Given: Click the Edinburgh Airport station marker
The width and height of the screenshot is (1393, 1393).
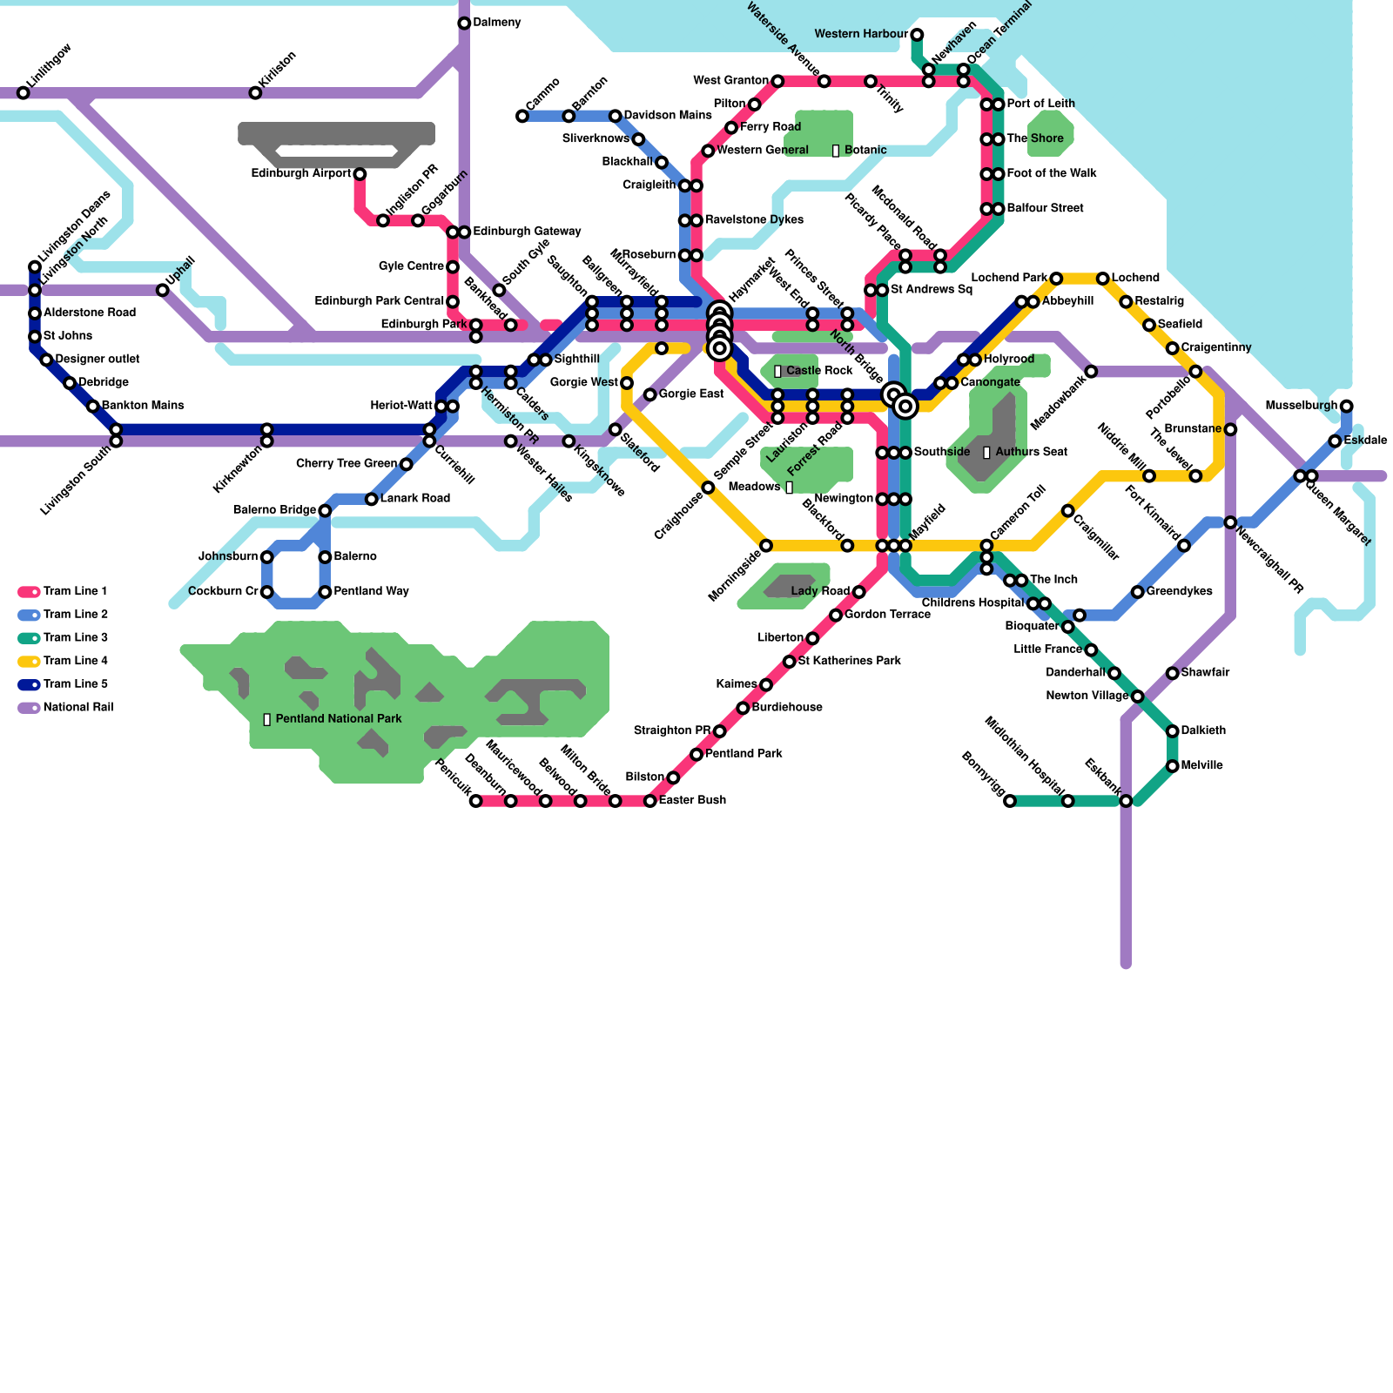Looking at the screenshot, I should (x=360, y=174).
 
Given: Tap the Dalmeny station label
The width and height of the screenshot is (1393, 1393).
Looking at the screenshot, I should (x=497, y=23).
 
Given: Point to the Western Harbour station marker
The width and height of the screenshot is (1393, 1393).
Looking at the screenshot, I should (x=917, y=35).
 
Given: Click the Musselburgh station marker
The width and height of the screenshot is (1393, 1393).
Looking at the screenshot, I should (x=1346, y=406).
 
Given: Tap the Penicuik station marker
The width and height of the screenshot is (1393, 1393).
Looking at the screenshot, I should (x=475, y=801).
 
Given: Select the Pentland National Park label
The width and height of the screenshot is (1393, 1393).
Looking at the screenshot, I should (x=333, y=719).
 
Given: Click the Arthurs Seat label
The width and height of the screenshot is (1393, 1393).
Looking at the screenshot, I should (x=1025, y=452).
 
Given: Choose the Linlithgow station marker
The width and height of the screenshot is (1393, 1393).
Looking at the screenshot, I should (x=24, y=93).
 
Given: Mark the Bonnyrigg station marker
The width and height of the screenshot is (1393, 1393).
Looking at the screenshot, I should (x=1009, y=801).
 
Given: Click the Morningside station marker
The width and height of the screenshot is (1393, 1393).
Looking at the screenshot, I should (x=765, y=546).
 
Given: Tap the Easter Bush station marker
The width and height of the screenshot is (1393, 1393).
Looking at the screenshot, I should (x=649, y=801).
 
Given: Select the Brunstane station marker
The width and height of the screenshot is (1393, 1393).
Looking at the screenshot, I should (x=1230, y=429).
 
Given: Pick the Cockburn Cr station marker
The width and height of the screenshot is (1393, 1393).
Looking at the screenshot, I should (x=266, y=592).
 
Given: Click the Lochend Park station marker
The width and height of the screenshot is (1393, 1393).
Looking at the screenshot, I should (x=1055, y=279).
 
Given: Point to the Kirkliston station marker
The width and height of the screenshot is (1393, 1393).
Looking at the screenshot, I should (x=255, y=93).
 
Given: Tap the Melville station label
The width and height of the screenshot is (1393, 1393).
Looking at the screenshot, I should (x=1201, y=766).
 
